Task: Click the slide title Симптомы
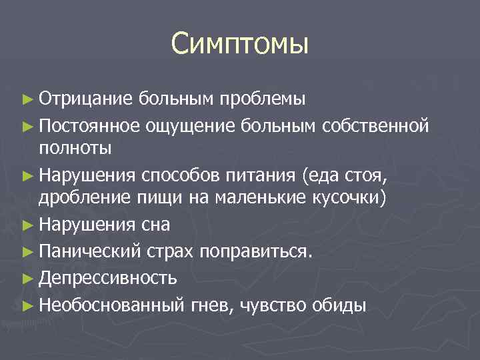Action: (x=239, y=43)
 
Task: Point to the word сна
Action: (x=155, y=225)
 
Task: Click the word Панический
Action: (x=89, y=251)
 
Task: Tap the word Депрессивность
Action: (x=107, y=277)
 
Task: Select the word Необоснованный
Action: (x=111, y=304)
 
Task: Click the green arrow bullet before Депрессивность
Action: (x=27, y=277)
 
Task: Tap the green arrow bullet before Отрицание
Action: (x=27, y=99)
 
